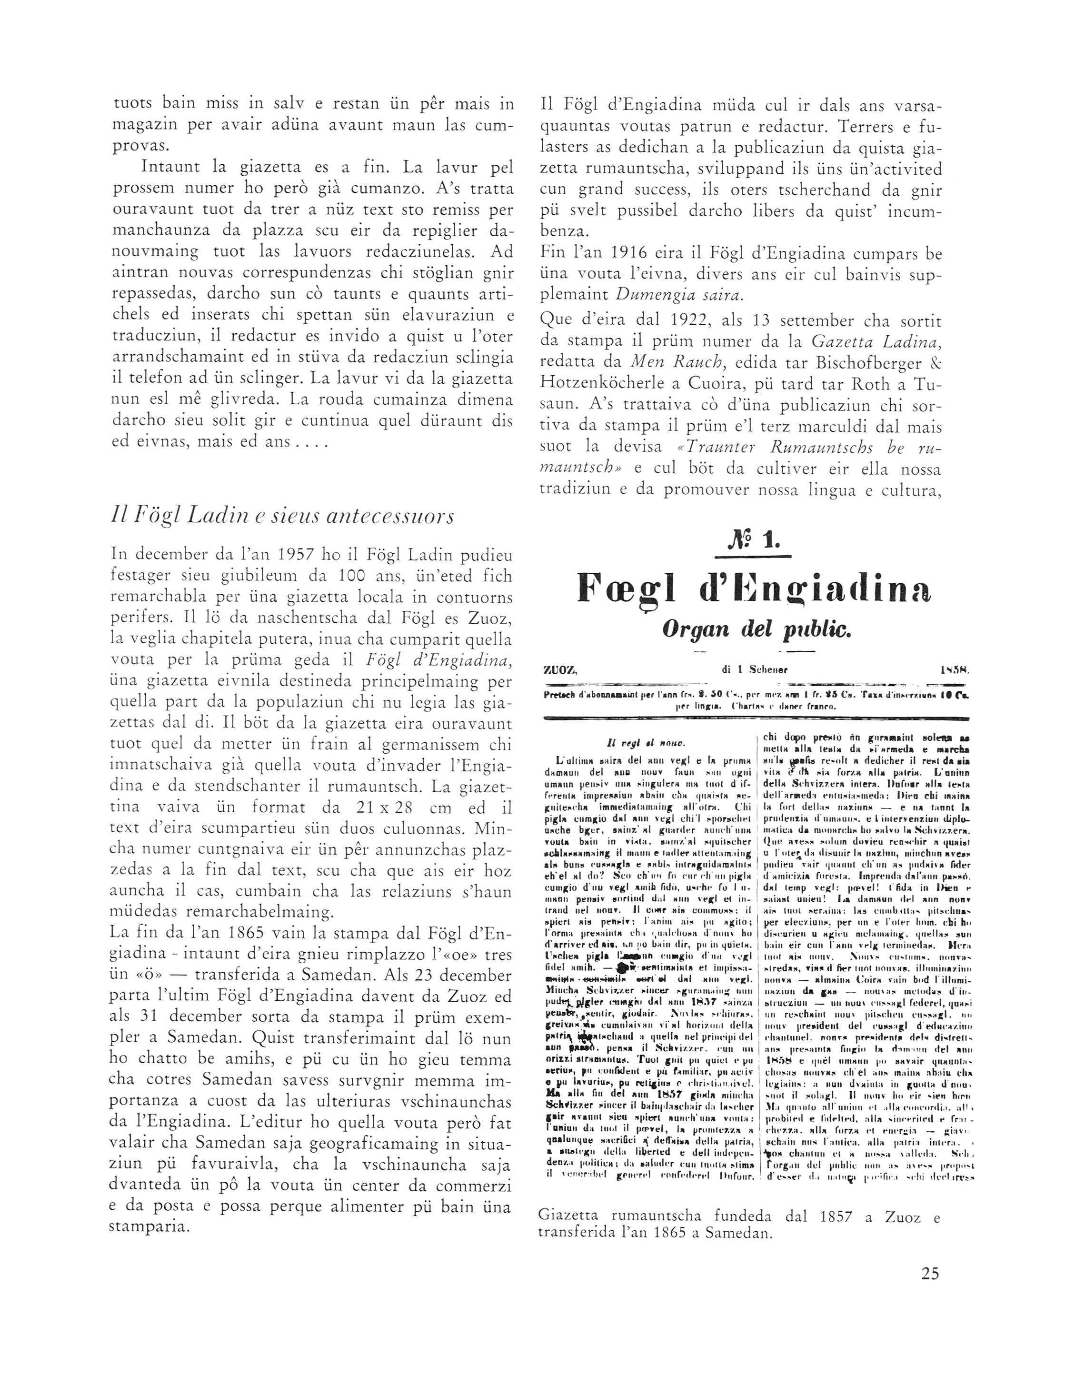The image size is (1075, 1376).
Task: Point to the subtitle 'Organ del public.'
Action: point(754,629)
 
